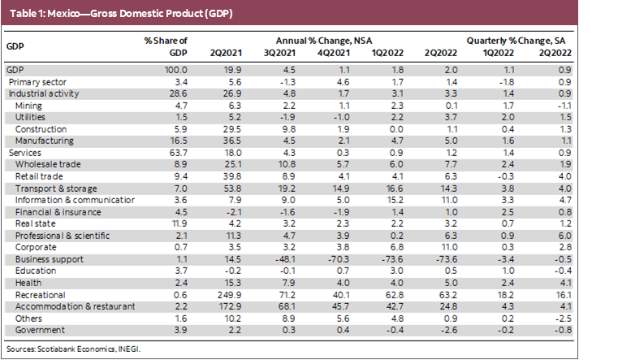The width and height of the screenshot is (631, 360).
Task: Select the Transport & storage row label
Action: coord(50,188)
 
